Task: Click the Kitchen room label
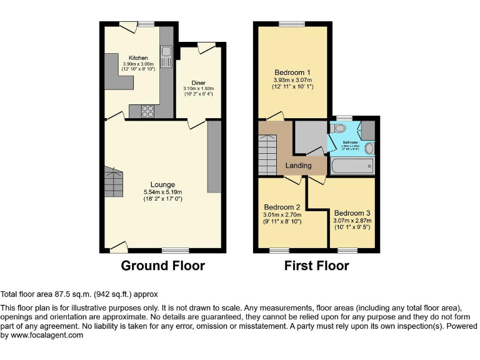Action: (x=138, y=57)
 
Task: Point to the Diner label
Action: (x=199, y=82)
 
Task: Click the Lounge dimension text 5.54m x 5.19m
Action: (x=162, y=192)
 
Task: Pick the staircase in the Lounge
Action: (x=114, y=182)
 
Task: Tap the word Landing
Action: (x=298, y=166)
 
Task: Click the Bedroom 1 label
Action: (x=292, y=72)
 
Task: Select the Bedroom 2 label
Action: (x=282, y=207)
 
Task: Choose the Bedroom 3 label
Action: (x=352, y=212)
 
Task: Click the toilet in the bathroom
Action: (x=339, y=128)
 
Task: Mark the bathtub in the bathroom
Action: (x=351, y=166)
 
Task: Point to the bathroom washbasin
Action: (x=369, y=148)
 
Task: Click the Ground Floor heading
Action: (x=162, y=266)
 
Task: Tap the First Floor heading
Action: (x=316, y=266)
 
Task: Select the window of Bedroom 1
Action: (x=292, y=24)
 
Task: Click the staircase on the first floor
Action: (x=267, y=156)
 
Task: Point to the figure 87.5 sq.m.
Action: (x=69, y=294)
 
